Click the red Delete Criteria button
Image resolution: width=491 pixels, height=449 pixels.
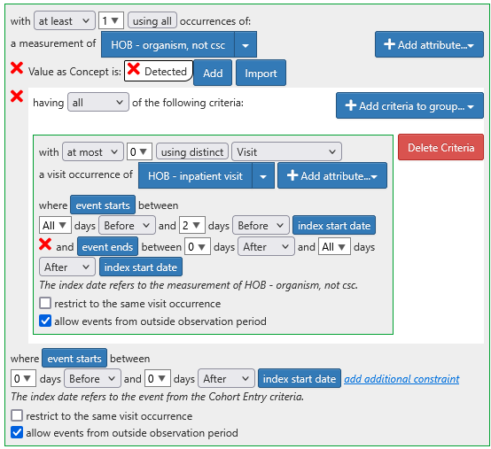(440, 147)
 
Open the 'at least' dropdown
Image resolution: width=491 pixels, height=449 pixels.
(64, 21)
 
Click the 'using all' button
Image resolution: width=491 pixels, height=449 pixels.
(152, 21)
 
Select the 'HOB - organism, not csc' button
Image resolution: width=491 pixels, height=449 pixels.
(168, 45)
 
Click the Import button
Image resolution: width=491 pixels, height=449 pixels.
(261, 73)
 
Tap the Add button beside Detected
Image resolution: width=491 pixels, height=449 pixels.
(213, 73)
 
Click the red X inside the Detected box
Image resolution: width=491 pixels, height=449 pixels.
(134, 69)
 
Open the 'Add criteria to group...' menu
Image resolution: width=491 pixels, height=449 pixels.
(409, 105)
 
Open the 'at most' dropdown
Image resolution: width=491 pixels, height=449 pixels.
(93, 152)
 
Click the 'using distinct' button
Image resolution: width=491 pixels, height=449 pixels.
(192, 152)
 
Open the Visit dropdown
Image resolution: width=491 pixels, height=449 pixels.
(286, 152)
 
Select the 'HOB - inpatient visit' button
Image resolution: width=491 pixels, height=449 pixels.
(195, 175)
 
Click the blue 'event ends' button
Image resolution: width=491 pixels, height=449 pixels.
(107, 247)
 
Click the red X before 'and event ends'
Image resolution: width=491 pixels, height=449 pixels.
(45, 244)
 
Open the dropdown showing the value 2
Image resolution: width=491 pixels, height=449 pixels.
(192, 225)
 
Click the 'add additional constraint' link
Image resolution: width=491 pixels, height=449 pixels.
(401, 379)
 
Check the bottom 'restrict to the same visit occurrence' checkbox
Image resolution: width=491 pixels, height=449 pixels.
(17, 416)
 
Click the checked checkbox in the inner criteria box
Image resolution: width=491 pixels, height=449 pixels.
(45, 321)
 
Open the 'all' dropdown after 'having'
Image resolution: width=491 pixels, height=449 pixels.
(98, 103)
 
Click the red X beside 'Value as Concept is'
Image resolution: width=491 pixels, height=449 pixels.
(17, 68)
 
